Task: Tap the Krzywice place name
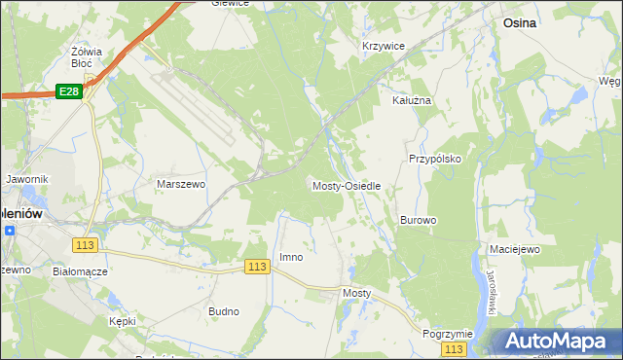(383, 46)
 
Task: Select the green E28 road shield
(67, 91)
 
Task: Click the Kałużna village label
(411, 100)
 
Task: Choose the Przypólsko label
(434, 158)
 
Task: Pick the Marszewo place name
(181, 183)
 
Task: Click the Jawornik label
(26, 180)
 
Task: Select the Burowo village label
(418, 221)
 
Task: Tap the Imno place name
(291, 257)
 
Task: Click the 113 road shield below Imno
(257, 267)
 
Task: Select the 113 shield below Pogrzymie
(452, 348)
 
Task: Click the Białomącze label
(80, 271)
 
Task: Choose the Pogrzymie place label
(448, 333)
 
